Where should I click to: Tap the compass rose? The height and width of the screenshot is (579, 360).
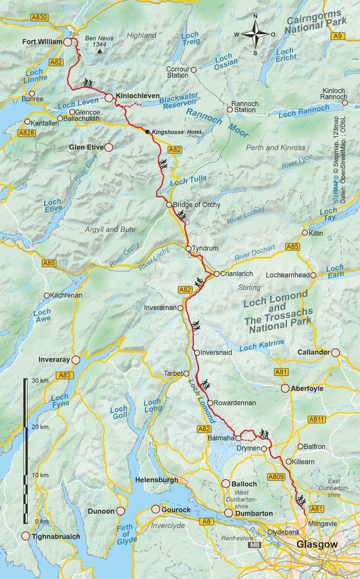(x=255, y=35)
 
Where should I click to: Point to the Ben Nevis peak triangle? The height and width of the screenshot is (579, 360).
(x=100, y=51)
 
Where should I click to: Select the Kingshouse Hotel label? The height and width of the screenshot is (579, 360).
(x=176, y=132)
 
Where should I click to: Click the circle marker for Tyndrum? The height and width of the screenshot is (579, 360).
(x=188, y=249)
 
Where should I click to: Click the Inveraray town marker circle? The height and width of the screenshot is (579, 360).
(x=76, y=359)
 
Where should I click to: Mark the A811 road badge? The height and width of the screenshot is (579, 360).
(x=317, y=419)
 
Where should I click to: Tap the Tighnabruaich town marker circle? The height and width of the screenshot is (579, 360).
(x=26, y=536)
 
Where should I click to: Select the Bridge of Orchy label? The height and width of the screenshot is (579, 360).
(x=196, y=204)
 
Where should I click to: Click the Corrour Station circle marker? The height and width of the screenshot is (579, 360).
(x=193, y=70)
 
